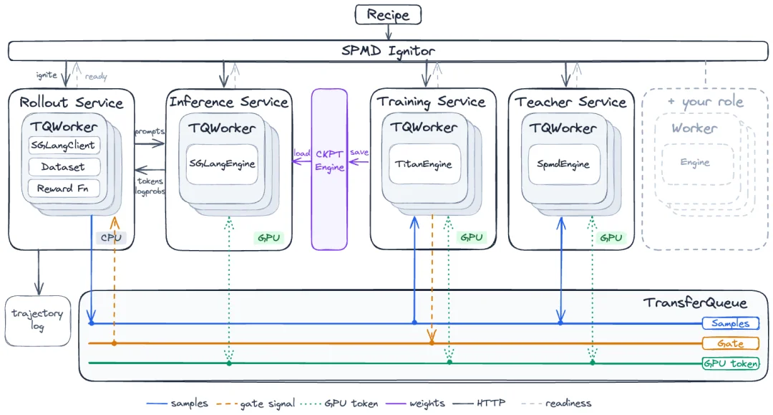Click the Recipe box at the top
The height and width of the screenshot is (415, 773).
pos(388,14)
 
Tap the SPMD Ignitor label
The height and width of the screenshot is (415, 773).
pos(388,51)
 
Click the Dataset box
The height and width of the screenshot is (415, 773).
pos(64,167)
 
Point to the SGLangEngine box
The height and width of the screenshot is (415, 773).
pos(222,164)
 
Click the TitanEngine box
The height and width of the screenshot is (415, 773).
pos(424,164)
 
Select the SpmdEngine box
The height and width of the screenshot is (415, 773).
pos(563,164)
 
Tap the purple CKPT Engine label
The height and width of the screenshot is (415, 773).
pos(330,161)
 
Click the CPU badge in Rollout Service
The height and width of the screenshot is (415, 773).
pos(111,237)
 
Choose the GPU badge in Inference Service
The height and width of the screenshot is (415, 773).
pos(268,238)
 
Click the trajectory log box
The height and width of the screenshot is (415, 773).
pos(38,321)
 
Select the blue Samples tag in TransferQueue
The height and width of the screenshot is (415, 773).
pos(731,323)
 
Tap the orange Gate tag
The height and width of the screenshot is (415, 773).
pos(731,343)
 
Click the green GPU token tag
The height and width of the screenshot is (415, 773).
pos(731,363)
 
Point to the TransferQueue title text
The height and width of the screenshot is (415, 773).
pos(695,302)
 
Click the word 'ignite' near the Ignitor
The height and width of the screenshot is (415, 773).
pos(47,75)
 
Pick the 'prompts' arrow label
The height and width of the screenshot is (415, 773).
pos(150,132)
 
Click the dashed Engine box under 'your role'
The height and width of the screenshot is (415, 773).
pos(695,163)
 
